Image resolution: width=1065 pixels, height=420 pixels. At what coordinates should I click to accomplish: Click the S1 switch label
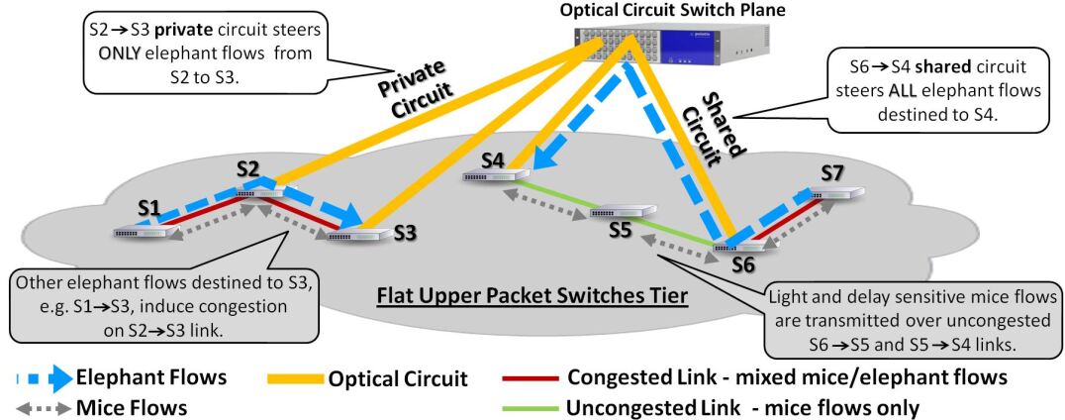pos(147,212)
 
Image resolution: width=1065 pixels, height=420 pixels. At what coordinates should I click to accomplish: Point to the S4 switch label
pos(495,161)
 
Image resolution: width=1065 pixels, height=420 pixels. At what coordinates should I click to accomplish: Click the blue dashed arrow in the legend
pos(40,378)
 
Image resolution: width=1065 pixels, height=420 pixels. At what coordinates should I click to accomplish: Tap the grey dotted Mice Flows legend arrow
pos(40,408)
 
